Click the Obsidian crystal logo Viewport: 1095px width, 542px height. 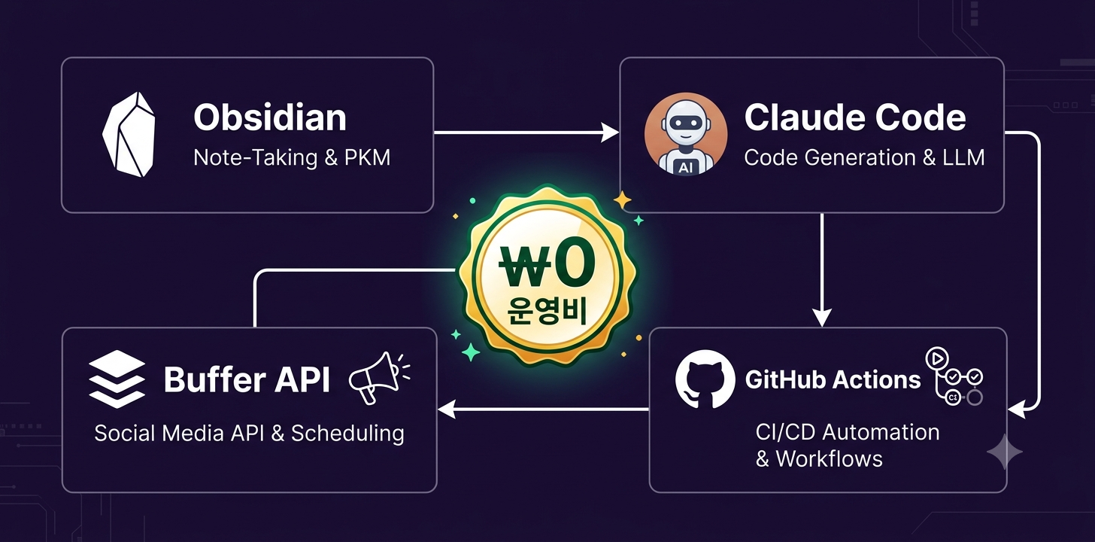[129, 135]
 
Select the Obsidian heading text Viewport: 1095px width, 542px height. [270, 117]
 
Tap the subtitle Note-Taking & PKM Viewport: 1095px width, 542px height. [292, 157]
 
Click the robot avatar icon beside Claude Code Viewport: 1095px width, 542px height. [685, 133]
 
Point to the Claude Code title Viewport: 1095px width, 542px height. [855, 117]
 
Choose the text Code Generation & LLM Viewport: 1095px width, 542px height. [864, 157]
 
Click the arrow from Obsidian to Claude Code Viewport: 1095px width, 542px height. [526, 132]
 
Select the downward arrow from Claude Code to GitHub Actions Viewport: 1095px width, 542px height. [822, 270]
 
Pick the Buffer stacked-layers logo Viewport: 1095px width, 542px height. [117, 379]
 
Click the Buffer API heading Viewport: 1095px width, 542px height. [247, 379]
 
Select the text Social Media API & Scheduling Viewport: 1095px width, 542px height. [250, 434]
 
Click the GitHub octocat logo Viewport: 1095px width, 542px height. [705, 379]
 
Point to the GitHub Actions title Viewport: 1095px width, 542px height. [833, 379]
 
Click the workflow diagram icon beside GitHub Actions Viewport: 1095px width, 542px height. [954, 376]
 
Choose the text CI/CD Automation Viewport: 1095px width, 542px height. [848, 432]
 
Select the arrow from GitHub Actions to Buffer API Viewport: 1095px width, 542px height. [543, 409]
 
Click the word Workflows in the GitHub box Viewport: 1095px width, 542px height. [829, 459]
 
